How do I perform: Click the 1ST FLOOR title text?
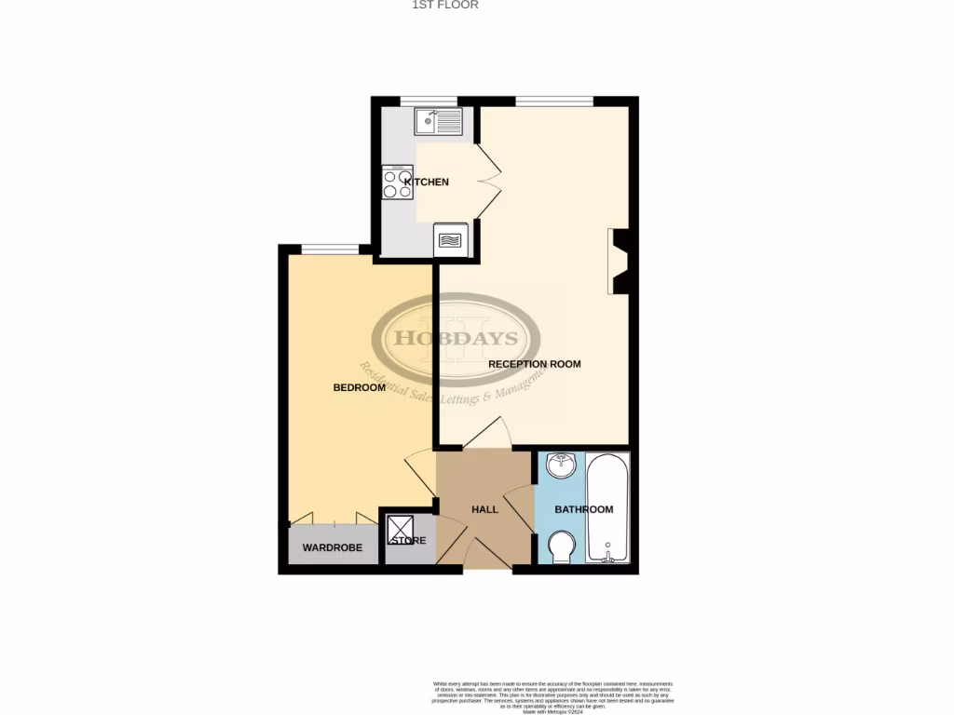(445, 5)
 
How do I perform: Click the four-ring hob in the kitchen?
(398, 182)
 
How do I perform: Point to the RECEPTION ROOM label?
(535, 364)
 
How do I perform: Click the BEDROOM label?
(359, 387)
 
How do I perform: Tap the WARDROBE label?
(332, 547)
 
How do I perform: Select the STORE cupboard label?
(409, 540)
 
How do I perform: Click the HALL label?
(484, 509)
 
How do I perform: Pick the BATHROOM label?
(584, 509)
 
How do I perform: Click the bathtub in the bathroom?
(608, 507)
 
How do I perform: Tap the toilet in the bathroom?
(561, 546)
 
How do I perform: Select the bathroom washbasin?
(561, 465)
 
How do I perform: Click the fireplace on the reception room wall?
(620, 262)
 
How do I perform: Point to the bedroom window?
(331, 249)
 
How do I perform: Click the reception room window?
(554, 101)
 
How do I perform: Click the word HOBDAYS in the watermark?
(457, 337)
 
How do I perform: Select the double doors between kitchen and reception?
(490, 182)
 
